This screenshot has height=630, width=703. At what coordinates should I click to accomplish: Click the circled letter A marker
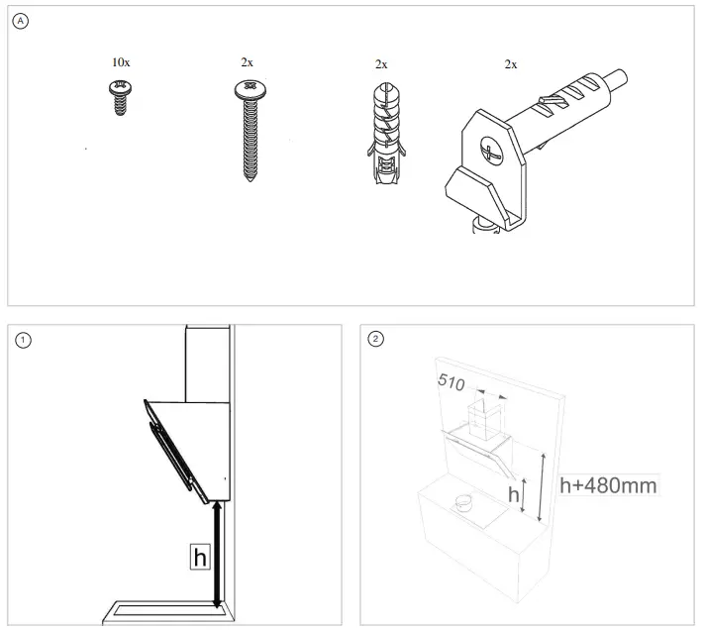click(x=21, y=21)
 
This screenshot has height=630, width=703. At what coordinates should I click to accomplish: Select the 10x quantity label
click(x=121, y=61)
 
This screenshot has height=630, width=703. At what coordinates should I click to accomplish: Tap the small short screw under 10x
click(x=121, y=99)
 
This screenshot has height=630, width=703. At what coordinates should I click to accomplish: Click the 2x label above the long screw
click(x=248, y=61)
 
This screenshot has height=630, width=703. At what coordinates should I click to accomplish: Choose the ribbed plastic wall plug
click(x=381, y=134)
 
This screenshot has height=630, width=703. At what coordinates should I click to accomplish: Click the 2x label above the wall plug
click(x=381, y=63)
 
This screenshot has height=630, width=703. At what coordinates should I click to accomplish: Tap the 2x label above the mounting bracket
click(x=511, y=63)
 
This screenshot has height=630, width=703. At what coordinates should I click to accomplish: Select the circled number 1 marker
click(x=23, y=340)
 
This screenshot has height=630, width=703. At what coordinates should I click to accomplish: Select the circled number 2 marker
click(x=375, y=340)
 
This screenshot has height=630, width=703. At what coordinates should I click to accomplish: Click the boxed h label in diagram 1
click(x=200, y=558)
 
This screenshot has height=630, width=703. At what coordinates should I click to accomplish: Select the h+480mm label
click(x=607, y=485)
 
